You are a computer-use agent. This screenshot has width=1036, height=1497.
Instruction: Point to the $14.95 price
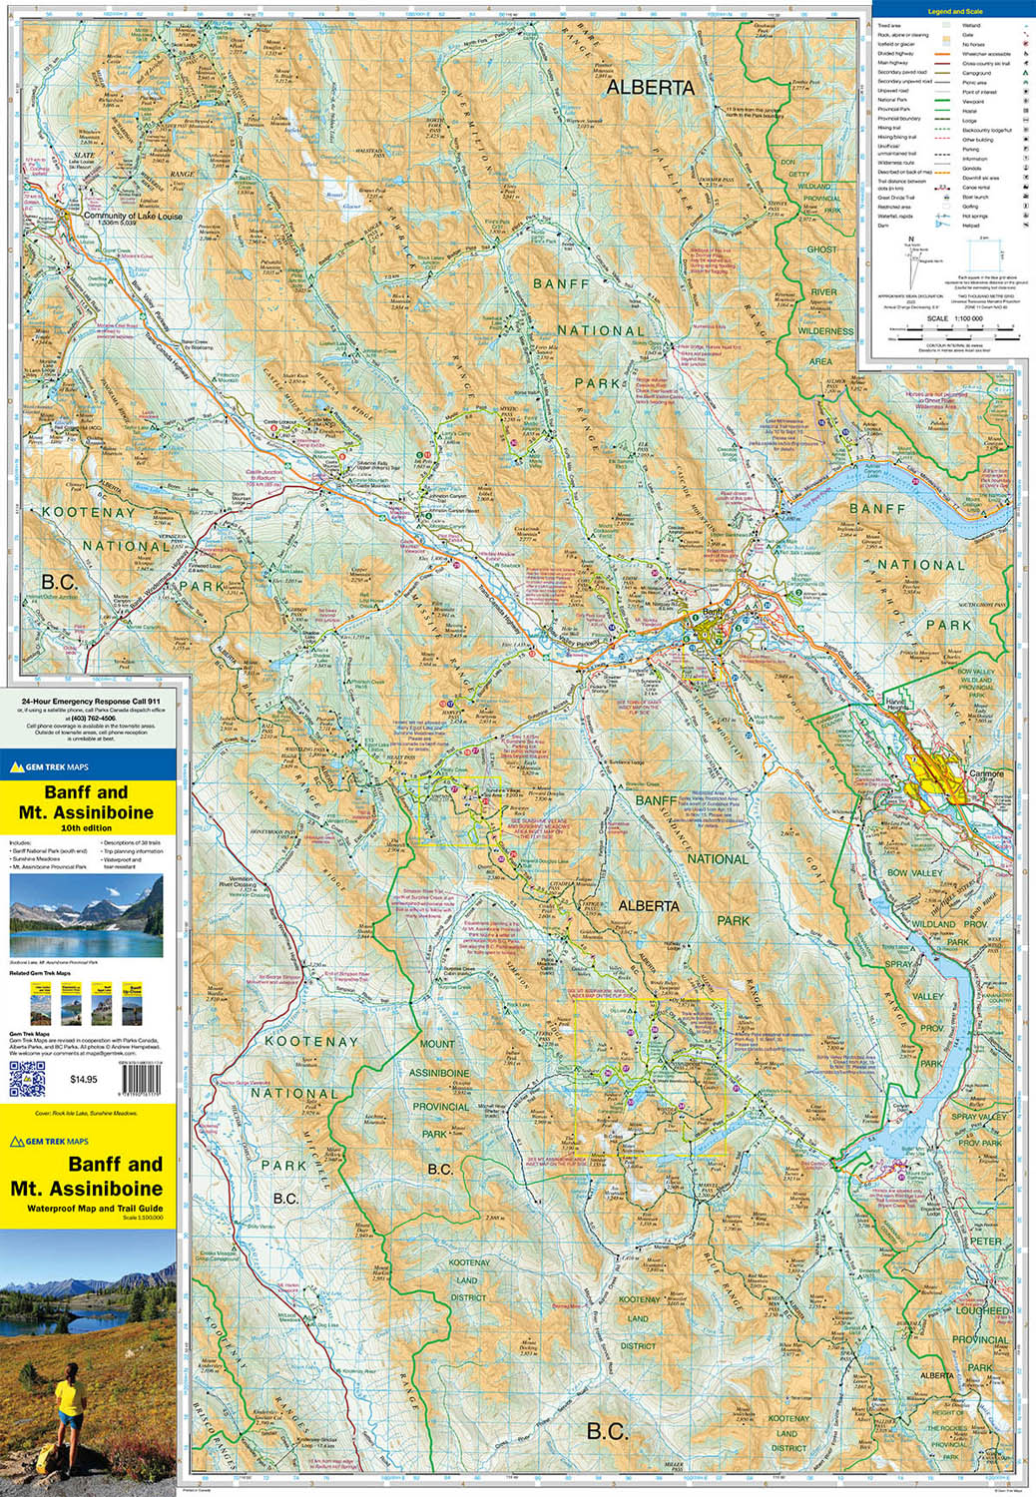[84, 1079]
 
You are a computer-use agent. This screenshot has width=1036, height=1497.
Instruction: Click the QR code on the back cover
[27, 1079]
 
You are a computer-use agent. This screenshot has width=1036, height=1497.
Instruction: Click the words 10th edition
[86, 828]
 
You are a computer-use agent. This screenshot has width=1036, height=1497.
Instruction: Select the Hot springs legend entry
[975, 216]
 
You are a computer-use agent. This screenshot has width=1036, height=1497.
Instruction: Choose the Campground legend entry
[976, 73]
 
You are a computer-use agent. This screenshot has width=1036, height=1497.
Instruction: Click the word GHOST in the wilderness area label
[821, 249]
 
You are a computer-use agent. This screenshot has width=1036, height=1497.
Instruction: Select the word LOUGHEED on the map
[982, 1310]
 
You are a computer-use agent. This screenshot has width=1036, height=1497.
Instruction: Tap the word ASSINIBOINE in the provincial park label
[439, 1073]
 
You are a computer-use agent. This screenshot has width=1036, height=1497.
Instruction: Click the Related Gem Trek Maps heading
[40, 972]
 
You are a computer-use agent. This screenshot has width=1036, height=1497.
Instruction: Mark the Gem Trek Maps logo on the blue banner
[49, 767]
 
